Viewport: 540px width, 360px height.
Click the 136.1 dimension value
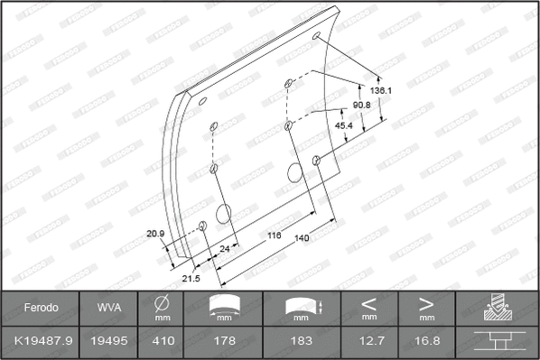[381, 91]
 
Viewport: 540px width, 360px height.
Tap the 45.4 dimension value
[345, 126]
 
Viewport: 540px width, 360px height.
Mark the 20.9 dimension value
[154, 235]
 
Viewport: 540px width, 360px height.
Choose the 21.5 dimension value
[191, 279]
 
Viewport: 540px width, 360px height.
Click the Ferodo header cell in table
[41, 308]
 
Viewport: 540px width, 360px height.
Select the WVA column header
[104, 308]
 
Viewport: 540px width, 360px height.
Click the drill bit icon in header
[497, 308]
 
